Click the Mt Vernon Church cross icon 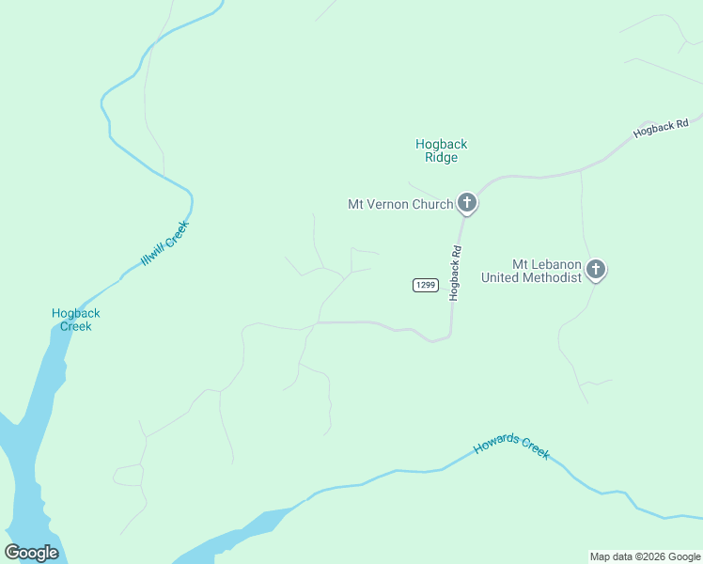coord(466,203)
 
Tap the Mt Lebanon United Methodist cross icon coord(595,270)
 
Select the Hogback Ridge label coord(441,150)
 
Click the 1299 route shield coord(425,285)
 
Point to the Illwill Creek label coord(165,243)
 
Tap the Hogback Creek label coord(76,320)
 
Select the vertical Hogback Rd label coord(456,273)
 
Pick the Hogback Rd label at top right coord(661,128)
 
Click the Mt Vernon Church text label coord(400,204)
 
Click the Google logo coord(31,553)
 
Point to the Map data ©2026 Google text coord(645,556)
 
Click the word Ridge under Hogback coord(441,158)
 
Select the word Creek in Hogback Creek coord(76,327)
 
